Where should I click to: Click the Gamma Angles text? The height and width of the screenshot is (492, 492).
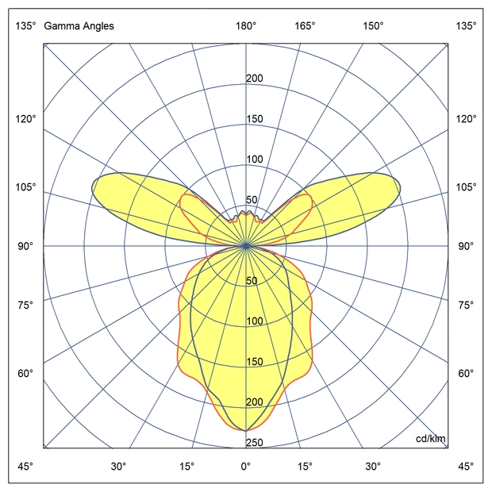point(79,26)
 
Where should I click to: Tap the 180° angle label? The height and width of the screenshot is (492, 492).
point(246,26)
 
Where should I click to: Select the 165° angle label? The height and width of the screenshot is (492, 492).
point(306,26)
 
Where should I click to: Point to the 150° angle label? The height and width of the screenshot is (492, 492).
point(374,26)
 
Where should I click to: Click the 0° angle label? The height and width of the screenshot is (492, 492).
point(246,466)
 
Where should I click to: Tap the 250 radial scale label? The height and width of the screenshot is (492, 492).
point(255,443)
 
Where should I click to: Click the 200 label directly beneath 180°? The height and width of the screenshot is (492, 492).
point(255,79)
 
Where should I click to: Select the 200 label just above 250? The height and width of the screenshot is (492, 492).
point(255,402)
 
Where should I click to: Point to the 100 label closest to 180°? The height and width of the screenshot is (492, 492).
point(255,160)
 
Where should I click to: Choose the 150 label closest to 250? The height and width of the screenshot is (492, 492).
point(255,362)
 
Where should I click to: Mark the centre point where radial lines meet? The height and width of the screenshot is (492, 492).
point(246,246)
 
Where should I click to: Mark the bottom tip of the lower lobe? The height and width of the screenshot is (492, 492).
point(246,430)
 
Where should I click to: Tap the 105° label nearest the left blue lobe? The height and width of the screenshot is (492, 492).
point(25,187)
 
